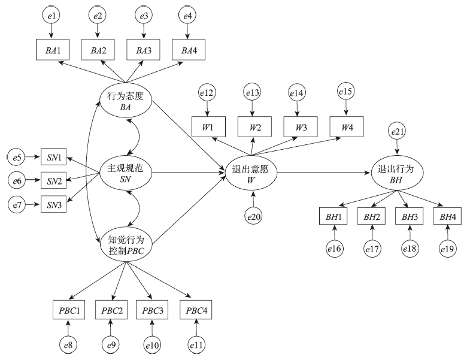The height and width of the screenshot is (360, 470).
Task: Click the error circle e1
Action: (51, 14)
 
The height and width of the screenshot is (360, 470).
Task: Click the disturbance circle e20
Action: (254, 214)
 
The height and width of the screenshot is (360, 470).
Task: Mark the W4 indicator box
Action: (347, 127)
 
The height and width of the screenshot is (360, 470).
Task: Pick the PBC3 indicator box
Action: (153, 310)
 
